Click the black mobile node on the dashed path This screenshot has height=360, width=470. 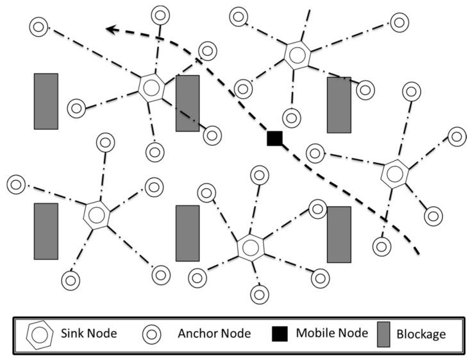[x=275, y=137]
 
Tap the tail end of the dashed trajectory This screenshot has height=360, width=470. [x=418, y=252]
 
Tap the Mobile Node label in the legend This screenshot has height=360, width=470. [x=332, y=333]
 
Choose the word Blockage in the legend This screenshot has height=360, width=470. [x=421, y=334]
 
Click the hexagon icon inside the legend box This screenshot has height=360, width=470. [x=42, y=334]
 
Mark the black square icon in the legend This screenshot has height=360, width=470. [x=280, y=334]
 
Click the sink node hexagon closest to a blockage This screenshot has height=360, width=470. [x=151, y=87]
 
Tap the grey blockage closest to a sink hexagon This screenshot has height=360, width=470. [x=187, y=103]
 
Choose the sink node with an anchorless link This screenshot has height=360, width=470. [x=295, y=53]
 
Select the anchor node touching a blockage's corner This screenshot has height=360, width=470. [x=318, y=209]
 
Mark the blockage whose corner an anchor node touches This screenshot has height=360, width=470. [x=339, y=234]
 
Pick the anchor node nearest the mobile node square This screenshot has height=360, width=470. [x=292, y=117]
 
